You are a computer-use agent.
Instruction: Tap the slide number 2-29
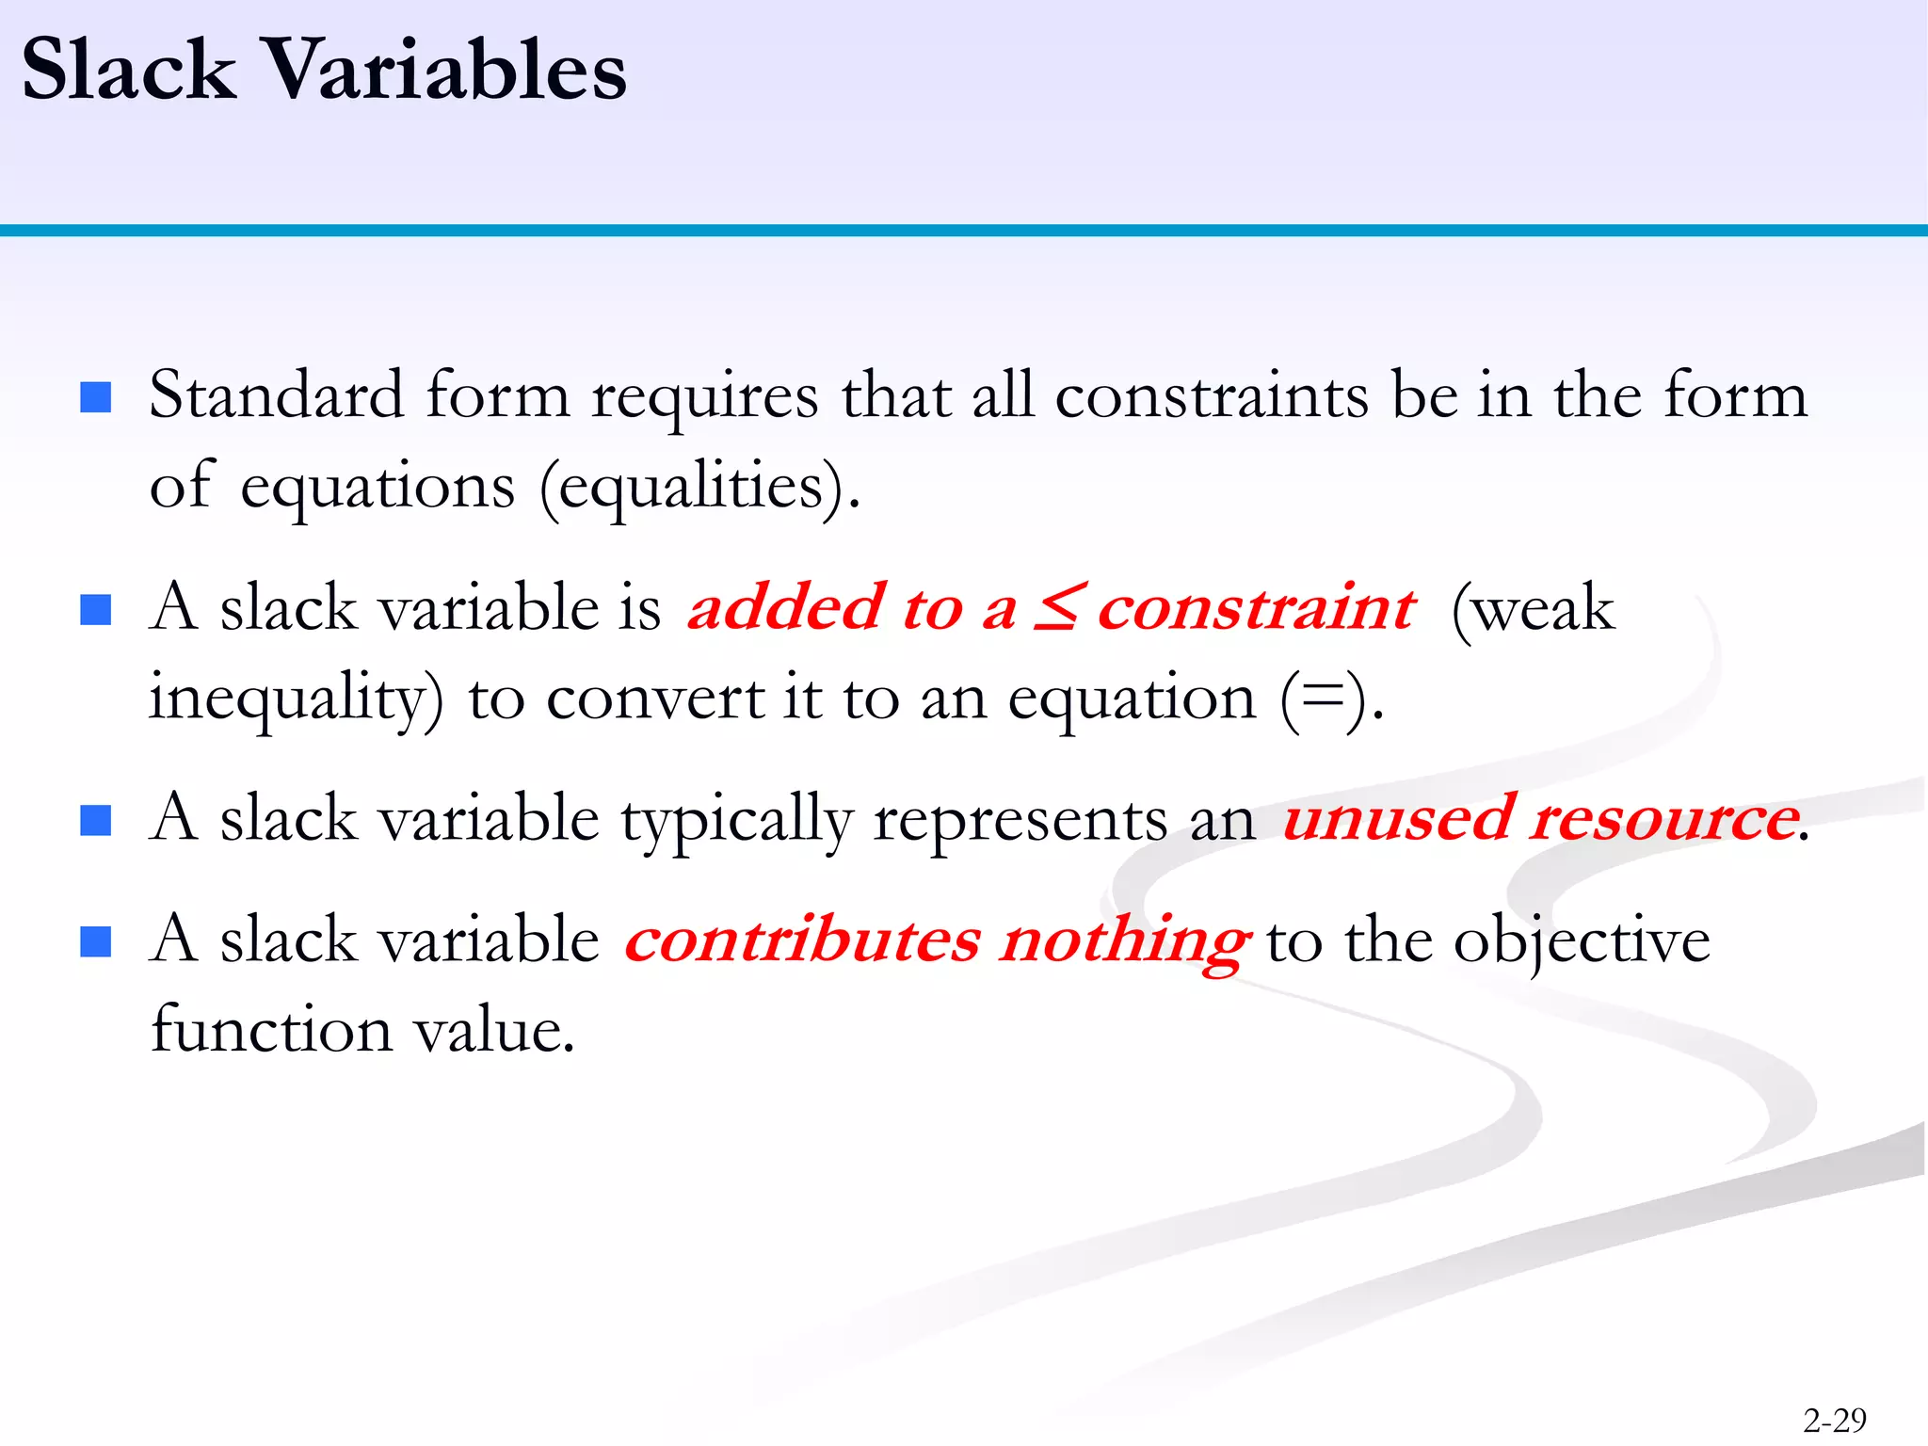tap(1834, 1419)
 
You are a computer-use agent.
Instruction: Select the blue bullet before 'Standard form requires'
tap(96, 397)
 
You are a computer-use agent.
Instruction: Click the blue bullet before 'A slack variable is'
tap(96, 609)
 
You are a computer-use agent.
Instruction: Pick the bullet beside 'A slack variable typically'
tap(96, 820)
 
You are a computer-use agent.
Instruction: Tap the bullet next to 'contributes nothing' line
tap(96, 940)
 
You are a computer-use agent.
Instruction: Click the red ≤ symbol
tap(1057, 607)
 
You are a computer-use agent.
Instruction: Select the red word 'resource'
tap(1664, 817)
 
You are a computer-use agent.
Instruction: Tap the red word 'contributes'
tap(802, 940)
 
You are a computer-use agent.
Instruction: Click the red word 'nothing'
tap(1125, 941)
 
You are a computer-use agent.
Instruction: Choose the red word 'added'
tap(787, 607)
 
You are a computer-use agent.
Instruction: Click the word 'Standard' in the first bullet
tap(276, 395)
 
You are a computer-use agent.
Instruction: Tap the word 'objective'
tap(1582, 941)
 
